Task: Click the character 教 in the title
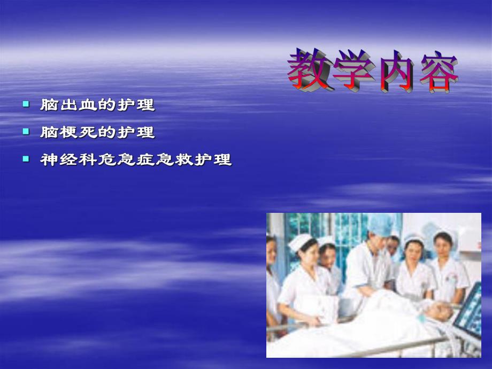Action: click(309, 70)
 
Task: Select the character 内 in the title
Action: click(396, 71)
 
